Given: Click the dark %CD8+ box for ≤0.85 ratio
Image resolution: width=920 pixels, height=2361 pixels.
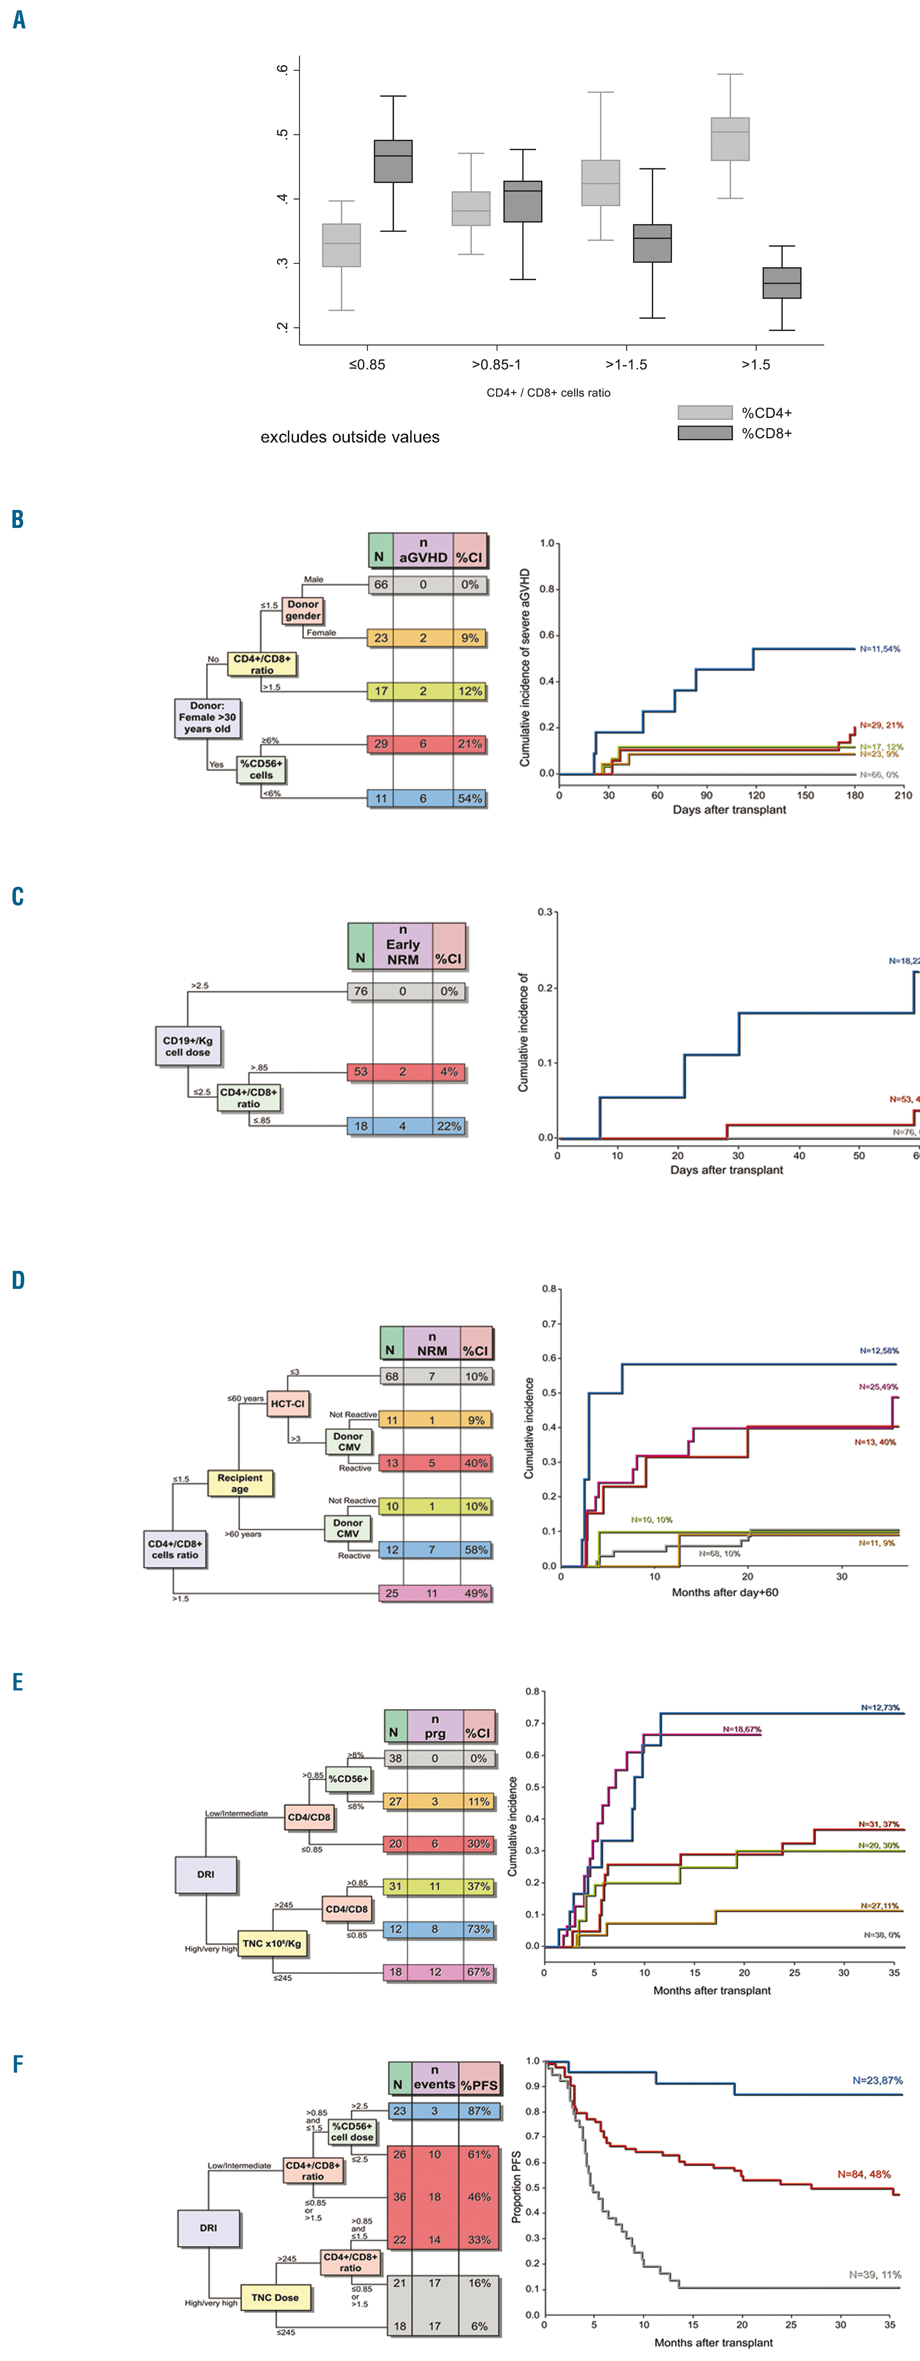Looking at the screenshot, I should coord(393,162).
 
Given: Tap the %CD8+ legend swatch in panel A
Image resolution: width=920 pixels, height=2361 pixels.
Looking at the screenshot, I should coord(705,433).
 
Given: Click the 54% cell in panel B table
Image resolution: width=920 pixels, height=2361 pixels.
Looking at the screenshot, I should coord(470,798).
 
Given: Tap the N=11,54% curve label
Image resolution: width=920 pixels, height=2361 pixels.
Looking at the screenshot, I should coord(880,649).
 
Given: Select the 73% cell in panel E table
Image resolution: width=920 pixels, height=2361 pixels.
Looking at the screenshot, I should coord(478,1928).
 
